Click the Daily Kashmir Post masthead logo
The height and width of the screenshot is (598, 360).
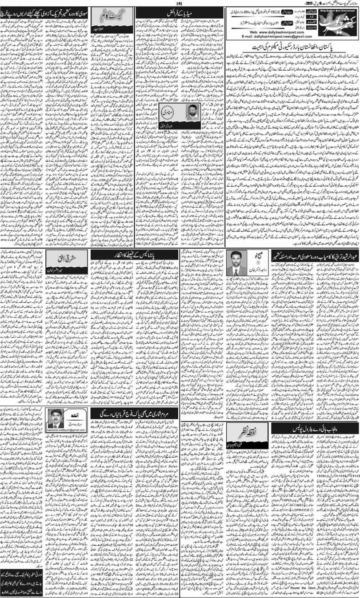(x=337, y=20)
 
